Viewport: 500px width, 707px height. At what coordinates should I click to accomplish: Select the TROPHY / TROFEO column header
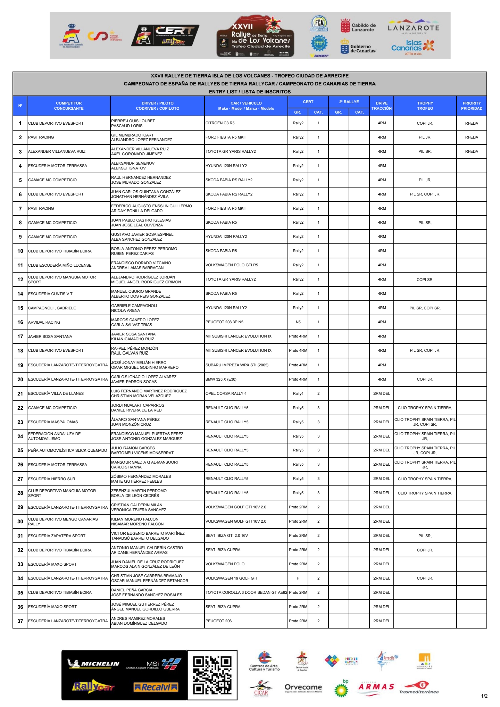click(x=425, y=106)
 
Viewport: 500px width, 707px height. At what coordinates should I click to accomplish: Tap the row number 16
click(x=20, y=322)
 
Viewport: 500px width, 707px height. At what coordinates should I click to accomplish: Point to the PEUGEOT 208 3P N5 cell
click(x=224, y=322)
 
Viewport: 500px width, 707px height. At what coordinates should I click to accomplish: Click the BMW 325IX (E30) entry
click(x=221, y=379)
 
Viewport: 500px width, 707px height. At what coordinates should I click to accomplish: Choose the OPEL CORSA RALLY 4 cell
click(x=226, y=393)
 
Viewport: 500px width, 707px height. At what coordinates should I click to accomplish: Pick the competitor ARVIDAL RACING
click(x=44, y=322)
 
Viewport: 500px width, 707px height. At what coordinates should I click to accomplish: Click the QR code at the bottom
click(x=212, y=675)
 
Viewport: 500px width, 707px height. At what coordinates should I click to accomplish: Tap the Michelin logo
click(x=94, y=664)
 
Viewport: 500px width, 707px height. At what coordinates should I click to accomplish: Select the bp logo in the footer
click(x=341, y=688)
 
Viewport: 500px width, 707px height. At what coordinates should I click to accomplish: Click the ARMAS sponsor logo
click(x=376, y=687)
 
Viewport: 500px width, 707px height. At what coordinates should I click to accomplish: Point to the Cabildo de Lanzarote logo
click(x=358, y=27)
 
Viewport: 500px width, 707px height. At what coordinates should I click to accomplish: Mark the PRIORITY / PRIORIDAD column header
click(x=472, y=106)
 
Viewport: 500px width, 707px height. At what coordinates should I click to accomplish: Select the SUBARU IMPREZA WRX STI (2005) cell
click(x=237, y=365)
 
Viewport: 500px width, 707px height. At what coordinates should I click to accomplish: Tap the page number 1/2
click(x=484, y=696)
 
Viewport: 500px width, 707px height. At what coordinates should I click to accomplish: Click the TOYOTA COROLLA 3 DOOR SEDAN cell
click(x=246, y=592)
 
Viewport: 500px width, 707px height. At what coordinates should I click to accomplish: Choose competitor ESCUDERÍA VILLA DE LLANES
click(x=56, y=393)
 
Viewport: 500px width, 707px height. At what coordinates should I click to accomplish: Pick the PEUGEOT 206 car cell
click(x=218, y=621)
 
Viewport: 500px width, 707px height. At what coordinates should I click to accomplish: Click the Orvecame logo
click(x=303, y=688)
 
